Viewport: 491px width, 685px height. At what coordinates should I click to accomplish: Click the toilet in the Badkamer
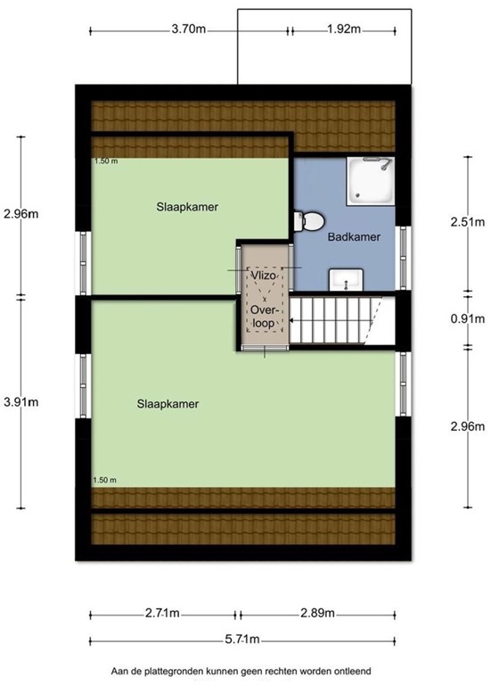pos(309,219)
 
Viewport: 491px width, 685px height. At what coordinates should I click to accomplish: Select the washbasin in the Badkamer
pos(344,280)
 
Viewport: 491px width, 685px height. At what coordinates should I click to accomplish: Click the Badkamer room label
pos(355,238)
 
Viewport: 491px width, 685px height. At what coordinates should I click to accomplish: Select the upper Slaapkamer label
pos(189,207)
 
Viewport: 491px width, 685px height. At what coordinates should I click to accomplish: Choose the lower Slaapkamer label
pos(167,404)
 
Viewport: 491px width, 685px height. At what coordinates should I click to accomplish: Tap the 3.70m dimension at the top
pos(189,29)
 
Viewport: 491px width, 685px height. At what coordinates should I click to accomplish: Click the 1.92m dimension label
pos(343,29)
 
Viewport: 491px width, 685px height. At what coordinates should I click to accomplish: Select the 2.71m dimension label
pos(162,614)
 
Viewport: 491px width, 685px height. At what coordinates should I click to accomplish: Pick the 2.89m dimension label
pos(316,614)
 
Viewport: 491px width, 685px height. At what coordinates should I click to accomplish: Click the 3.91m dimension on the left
pos(21,402)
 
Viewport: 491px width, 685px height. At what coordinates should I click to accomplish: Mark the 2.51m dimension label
pos(467,222)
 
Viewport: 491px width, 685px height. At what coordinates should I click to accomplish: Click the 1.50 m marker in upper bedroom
pos(105,161)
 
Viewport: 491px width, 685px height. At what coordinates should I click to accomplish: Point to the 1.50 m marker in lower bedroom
pos(105,481)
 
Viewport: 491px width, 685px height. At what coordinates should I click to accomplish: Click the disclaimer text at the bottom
pos(241,671)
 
